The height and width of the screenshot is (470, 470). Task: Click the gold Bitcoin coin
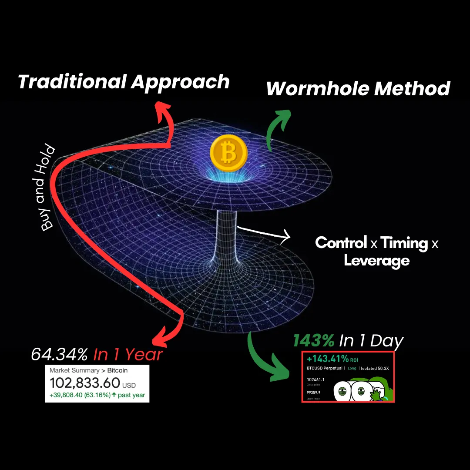coord(228,153)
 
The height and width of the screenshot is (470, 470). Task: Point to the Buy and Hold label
coord(48,188)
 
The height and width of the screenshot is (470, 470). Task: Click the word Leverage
coord(376,260)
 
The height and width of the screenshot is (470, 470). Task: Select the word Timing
coord(404,243)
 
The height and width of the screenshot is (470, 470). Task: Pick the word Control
coord(341,243)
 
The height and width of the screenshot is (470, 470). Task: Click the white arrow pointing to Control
coord(285,237)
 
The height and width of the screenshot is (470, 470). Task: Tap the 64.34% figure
coord(59,354)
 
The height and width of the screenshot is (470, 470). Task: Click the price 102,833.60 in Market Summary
coord(85,383)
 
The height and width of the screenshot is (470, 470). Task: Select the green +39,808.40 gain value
coord(70,396)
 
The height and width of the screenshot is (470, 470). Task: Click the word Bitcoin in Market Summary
coord(117,370)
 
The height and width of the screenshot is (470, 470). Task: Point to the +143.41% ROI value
coord(328,359)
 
